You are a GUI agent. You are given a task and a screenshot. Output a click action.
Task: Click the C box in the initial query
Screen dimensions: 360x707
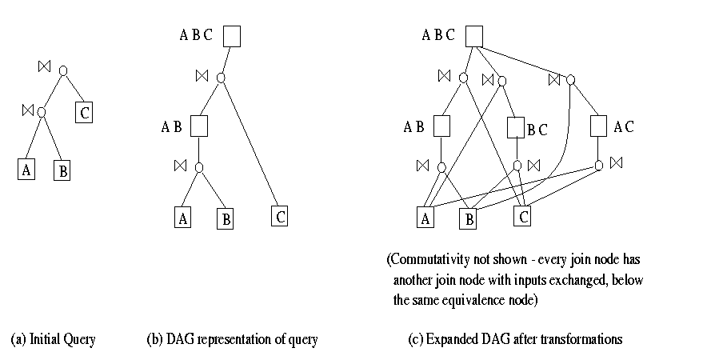[x=85, y=113]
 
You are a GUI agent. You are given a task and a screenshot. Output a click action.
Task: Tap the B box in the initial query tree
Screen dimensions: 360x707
[x=62, y=170]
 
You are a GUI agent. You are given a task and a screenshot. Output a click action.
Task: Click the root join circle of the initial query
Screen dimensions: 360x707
[x=63, y=71]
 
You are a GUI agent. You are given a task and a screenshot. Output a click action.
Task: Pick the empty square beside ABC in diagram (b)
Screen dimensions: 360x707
[x=232, y=35]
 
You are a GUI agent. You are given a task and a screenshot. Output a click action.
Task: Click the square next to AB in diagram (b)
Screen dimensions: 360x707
[x=199, y=126]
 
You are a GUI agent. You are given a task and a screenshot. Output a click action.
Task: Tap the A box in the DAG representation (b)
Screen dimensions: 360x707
[x=184, y=218]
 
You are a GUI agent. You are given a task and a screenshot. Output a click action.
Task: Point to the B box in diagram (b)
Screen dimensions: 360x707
[x=225, y=219]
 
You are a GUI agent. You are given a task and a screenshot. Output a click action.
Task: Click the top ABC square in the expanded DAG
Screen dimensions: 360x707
[x=474, y=36]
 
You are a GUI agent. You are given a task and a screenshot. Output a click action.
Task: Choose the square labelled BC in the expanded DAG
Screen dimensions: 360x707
[x=516, y=127]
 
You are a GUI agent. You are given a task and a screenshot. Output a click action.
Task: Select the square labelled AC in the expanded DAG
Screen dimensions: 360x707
[x=599, y=126]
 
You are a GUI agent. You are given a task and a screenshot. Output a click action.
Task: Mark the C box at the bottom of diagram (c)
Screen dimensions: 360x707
[x=521, y=216]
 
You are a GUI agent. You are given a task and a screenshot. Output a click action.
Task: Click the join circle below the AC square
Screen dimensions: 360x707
[x=599, y=166]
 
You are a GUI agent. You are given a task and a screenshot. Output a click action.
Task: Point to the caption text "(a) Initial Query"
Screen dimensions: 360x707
[x=53, y=340]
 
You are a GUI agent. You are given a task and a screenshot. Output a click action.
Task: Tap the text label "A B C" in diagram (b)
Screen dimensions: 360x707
[x=196, y=35]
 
